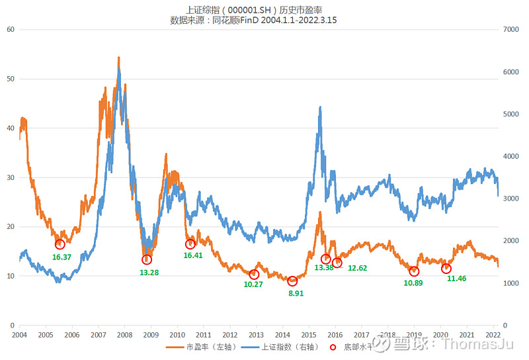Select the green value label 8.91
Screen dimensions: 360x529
296,293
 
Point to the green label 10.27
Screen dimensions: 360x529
253,285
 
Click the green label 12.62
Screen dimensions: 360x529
357,268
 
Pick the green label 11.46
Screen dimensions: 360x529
456,279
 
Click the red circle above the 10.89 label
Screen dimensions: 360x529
414,271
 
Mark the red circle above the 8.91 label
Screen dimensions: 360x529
293,281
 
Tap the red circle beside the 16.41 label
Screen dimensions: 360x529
190,244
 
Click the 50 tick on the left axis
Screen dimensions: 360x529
11,79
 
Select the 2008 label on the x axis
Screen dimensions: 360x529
124,336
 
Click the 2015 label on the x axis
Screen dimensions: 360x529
309,336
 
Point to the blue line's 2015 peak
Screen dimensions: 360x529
320,107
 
